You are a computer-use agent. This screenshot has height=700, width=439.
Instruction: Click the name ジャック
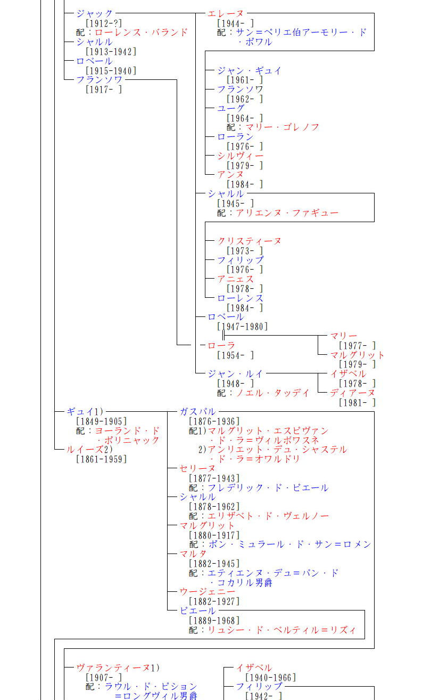pyautogui.click(x=95, y=13)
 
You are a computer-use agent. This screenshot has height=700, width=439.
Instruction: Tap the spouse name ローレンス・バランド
pyautogui.click(x=141, y=32)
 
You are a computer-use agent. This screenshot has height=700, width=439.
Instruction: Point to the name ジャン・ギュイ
pyautogui.click(x=249, y=70)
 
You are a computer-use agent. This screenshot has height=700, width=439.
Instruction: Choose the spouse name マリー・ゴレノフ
pyautogui.click(x=282, y=127)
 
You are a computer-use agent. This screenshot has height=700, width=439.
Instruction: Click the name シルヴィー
pyautogui.click(x=240, y=156)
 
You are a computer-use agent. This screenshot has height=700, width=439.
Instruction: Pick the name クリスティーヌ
pyautogui.click(x=249, y=241)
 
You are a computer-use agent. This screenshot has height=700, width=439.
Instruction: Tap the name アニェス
pyautogui.click(x=235, y=279)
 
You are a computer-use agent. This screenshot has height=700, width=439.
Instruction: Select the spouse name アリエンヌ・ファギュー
pyautogui.click(x=287, y=213)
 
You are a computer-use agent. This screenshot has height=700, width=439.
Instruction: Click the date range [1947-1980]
pyautogui.click(x=242, y=327)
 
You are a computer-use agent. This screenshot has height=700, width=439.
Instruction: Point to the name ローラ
pyautogui.click(x=221, y=346)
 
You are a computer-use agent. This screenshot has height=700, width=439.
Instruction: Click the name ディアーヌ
pyautogui.click(x=352, y=393)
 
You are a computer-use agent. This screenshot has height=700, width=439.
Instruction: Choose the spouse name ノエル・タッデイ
pyautogui.click(x=272, y=393)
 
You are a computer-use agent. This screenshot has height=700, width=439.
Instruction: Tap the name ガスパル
pyautogui.click(x=198, y=412)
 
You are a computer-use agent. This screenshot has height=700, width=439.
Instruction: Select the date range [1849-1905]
pyautogui.click(x=102, y=421)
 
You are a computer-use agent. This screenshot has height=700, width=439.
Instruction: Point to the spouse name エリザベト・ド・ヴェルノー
pyautogui.click(x=268, y=516)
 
